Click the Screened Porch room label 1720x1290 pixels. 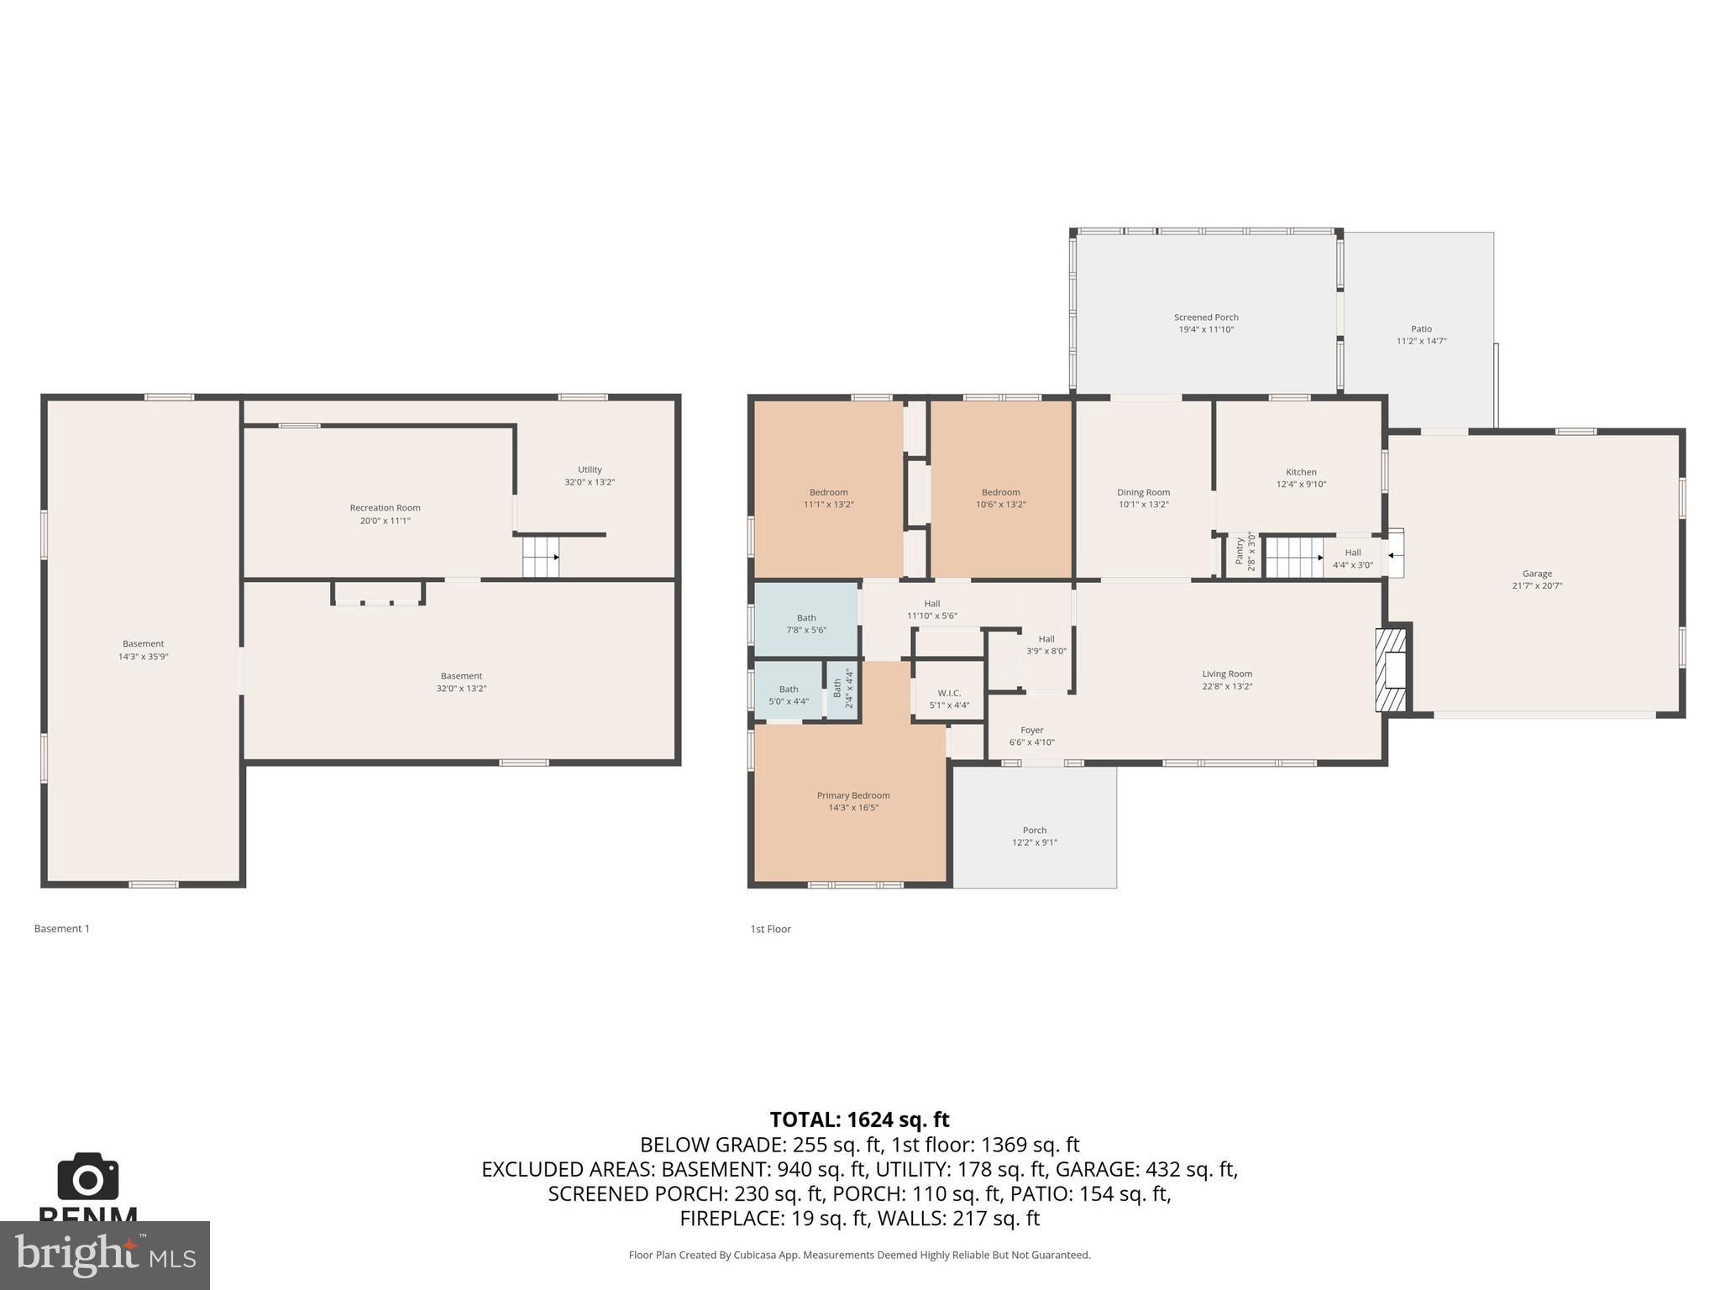(1206, 317)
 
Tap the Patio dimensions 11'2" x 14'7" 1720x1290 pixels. (1421, 341)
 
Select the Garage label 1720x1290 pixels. (1537, 574)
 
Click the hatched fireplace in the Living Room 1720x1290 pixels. (1391, 670)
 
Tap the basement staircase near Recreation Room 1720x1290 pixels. (541, 557)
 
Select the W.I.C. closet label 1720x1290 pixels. (949, 693)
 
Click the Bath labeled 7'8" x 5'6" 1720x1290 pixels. (806, 623)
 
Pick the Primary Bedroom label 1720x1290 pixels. (853, 795)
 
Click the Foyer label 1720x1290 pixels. (1031, 731)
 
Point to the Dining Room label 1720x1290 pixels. (1143, 492)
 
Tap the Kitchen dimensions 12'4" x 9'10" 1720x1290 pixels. (1301, 484)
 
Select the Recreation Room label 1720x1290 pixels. (385, 507)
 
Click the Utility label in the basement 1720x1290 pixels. (590, 469)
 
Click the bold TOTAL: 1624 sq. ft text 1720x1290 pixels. (859, 1120)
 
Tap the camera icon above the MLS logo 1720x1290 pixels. (88, 1177)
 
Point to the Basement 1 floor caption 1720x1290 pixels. (61, 928)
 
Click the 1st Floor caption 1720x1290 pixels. (770, 929)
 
